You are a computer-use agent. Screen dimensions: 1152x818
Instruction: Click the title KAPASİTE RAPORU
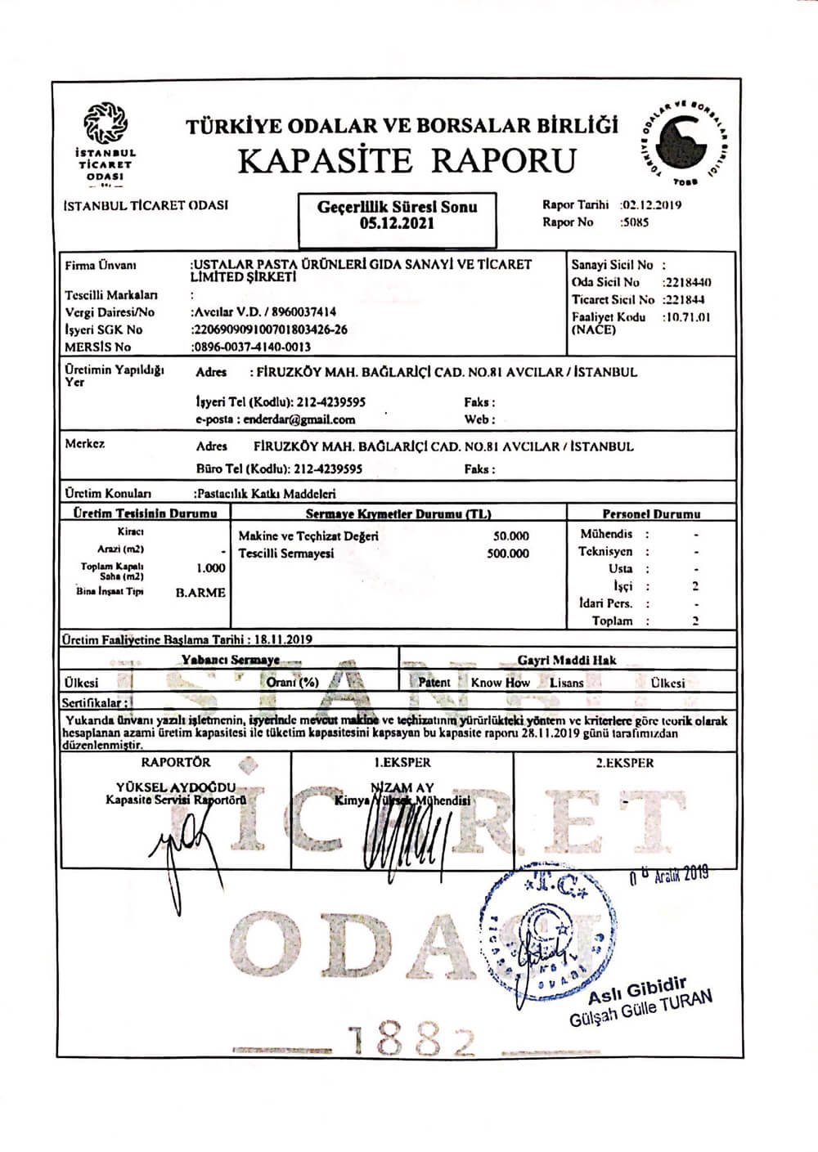pos(407,160)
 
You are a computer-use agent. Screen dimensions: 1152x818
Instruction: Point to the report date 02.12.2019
pos(652,205)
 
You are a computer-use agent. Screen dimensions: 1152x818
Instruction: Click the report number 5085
pos(635,222)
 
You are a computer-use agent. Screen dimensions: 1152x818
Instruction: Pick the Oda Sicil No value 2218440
pos(687,282)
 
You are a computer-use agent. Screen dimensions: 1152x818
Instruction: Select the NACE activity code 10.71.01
pos(688,317)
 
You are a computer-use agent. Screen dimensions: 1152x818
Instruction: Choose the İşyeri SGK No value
pos(269,329)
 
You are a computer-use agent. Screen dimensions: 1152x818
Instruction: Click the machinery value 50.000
pos(510,536)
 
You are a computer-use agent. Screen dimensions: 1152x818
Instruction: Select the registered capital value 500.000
pos(507,554)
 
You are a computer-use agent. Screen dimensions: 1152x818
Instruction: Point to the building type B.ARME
pos(200,593)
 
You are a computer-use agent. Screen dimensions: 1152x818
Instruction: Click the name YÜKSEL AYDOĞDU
pos(176,787)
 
